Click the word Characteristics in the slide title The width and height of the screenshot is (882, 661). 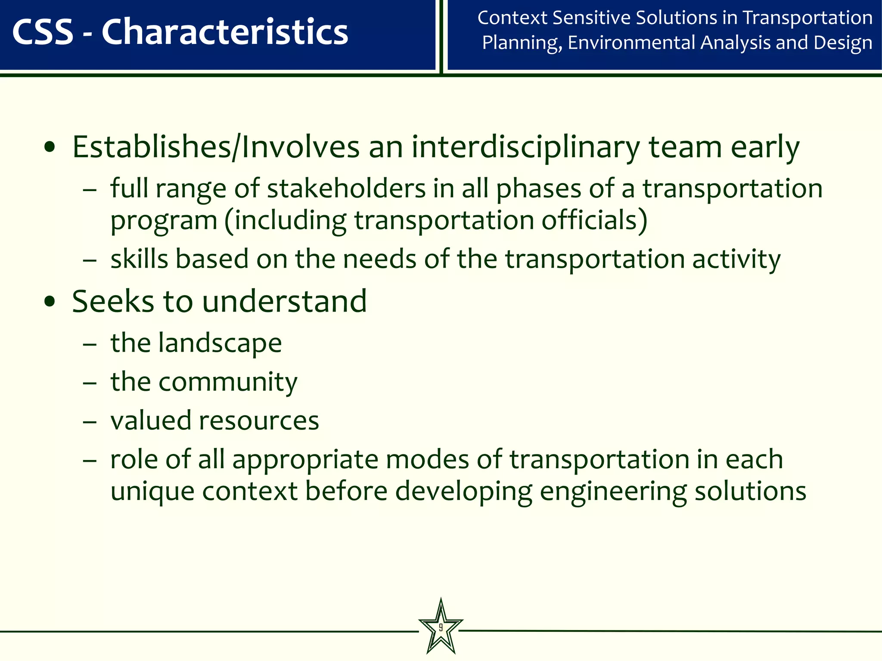tap(224, 32)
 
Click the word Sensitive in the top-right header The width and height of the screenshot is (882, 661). tap(591, 18)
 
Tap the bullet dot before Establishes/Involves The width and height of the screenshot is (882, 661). tap(50, 148)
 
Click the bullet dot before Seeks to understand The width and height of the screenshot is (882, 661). tap(50, 302)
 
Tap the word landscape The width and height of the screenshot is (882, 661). tap(220, 343)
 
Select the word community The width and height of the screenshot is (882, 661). tap(227, 382)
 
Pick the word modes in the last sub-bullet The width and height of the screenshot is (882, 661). tap(427, 459)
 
